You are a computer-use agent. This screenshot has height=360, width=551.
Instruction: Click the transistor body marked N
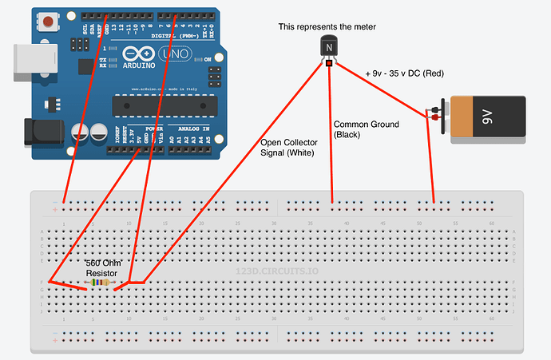(x=328, y=49)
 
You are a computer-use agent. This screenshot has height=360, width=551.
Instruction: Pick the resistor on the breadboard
(x=101, y=282)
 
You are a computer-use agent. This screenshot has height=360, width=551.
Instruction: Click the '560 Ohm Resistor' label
(x=101, y=267)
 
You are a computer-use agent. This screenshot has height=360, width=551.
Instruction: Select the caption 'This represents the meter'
(x=327, y=27)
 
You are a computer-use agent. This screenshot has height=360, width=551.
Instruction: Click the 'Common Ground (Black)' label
(x=359, y=129)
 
